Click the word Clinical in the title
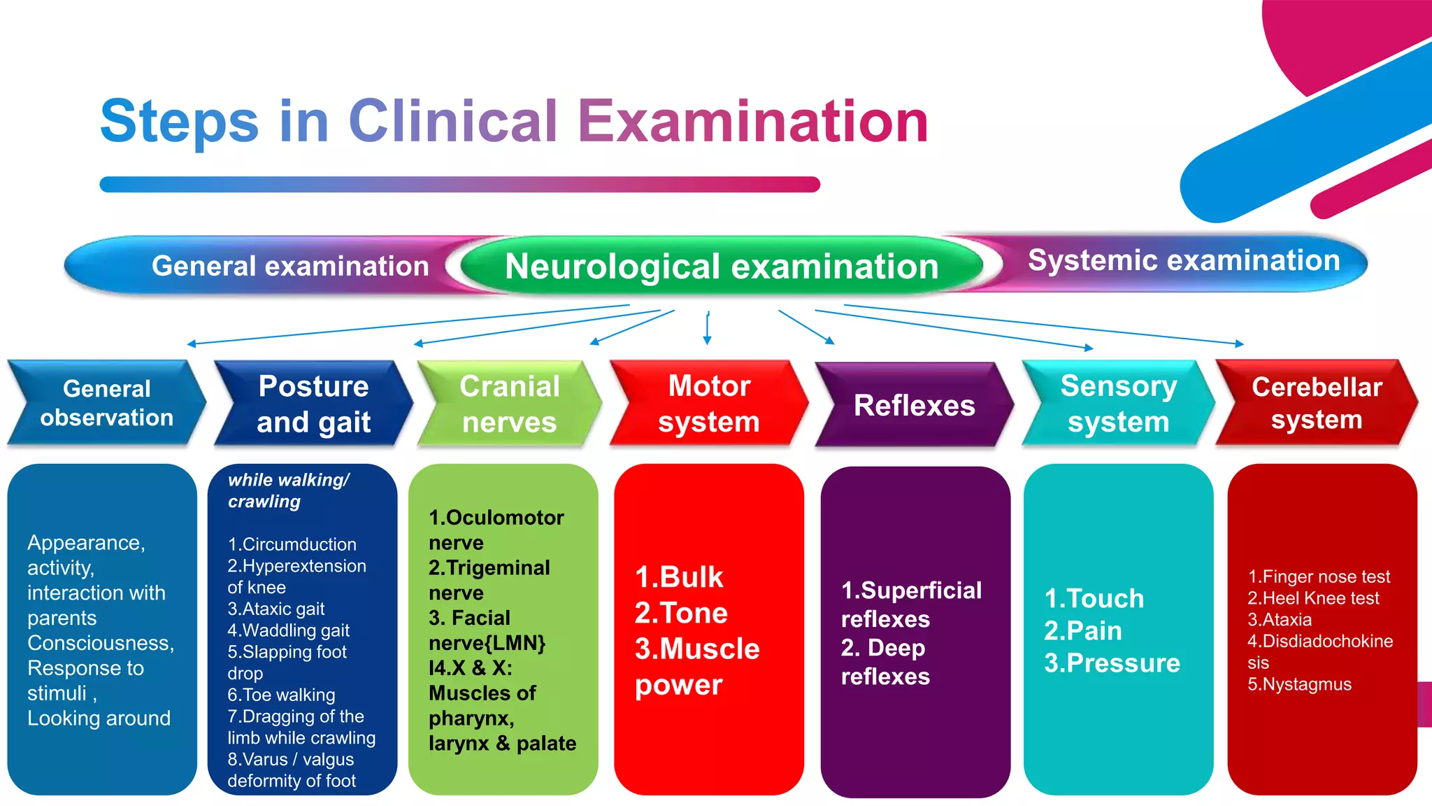click(x=453, y=121)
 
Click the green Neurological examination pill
click(x=722, y=267)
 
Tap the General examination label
click(x=289, y=266)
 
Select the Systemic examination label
click(x=1183, y=260)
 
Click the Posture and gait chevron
click(x=313, y=404)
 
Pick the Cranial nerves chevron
click(x=509, y=404)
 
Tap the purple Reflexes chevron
click(x=914, y=405)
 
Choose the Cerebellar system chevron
click(x=1317, y=403)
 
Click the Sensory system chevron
click(x=1118, y=404)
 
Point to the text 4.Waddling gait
click(x=288, y=630)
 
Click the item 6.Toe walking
click(x=281, y=695)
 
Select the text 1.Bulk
click(x=678, y=577)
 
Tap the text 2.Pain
click(x=1082, y=631)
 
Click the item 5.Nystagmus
click(x=1299, y=684)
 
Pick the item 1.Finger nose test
click(x=1319, y=577)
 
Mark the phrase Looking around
click(x=99, y=719)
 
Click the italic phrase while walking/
click(x=288, y=480)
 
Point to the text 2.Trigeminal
click(x=489, y=567)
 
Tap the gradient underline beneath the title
click(x=459, y=185)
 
